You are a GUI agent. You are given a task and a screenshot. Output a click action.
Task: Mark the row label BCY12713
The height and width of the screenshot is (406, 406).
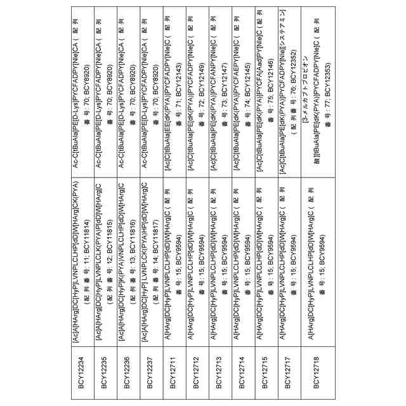pyautogui.click(x=219, y=367)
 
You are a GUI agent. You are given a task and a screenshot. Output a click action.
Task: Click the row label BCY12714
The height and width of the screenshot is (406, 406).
pyautogui.click(x=242, y=367)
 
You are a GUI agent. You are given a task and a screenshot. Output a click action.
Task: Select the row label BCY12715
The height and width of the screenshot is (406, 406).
pyautogui.click(x=265, y=367)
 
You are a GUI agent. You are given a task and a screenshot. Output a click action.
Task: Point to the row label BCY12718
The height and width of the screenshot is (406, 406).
pyautogui.click(x=317, y=367)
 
